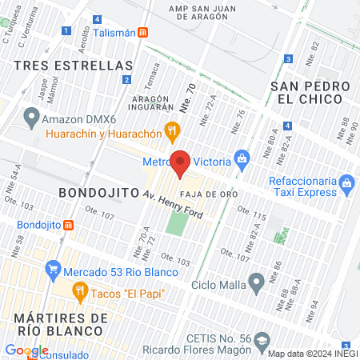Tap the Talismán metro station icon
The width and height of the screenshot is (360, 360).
142,32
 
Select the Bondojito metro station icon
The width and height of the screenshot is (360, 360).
68,225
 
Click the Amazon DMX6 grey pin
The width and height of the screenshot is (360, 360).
31,118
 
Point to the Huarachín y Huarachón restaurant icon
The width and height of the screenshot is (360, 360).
170,130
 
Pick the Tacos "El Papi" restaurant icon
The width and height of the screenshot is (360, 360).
79,293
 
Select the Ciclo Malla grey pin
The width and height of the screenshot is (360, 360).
257,282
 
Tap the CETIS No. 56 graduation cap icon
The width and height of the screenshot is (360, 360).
262,341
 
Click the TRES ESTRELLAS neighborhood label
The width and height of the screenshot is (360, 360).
74,64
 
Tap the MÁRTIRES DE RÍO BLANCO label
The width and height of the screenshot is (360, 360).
62,326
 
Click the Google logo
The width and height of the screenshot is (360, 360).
26,350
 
